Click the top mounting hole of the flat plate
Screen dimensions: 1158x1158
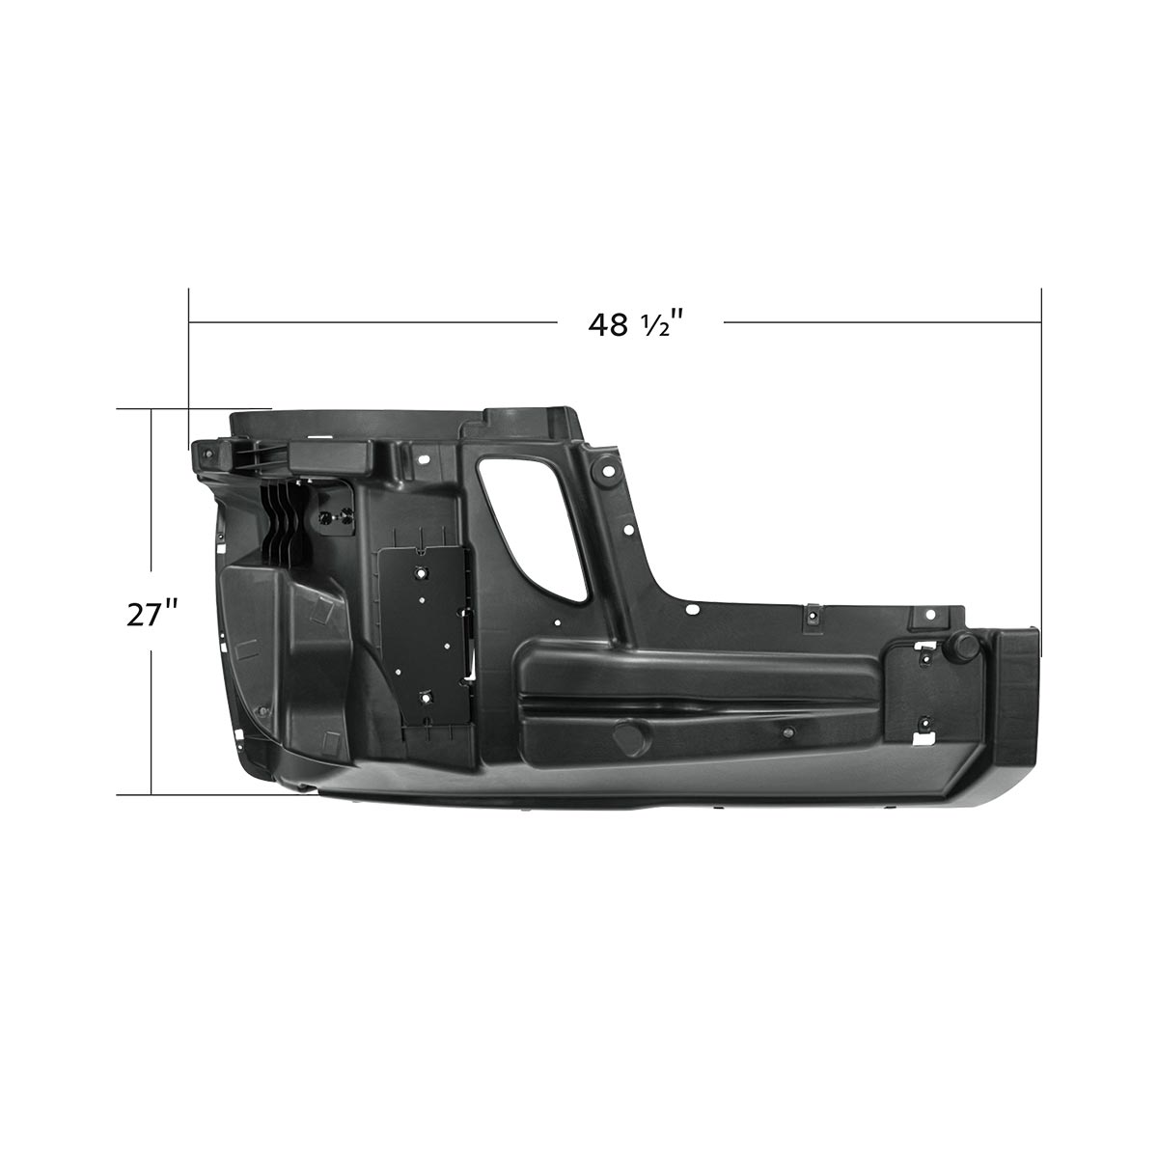423,571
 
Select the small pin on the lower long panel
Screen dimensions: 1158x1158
788,734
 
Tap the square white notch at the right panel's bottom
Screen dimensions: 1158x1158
924,737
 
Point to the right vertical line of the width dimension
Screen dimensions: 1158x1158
1041,454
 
